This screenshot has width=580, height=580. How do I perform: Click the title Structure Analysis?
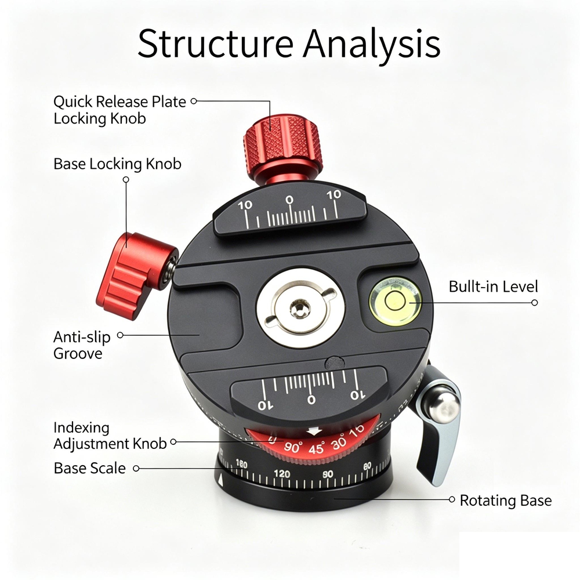pyautogui.click(x=289, y=43)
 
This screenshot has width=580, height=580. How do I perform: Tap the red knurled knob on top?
pyautogui.click(x=283, y=147)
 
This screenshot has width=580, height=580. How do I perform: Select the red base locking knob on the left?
pyautogui.click(x=135, y=274)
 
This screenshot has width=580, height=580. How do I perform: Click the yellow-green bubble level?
pyautogui.click(x=395, y=301)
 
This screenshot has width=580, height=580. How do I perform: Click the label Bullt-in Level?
pyautogui.click(x=493, y=287)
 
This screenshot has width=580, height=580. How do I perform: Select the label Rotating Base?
pyautogui.click(x=506, y=500)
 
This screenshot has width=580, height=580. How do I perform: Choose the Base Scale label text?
pyautogui.click(x=89, y=468)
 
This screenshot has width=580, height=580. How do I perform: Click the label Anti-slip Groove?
pyautogui.click(x=82, y=345)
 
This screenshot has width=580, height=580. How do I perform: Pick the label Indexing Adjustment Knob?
pyautogui.click(x=110, y=436)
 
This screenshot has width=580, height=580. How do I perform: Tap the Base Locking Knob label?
pyautogui.click(x=117, y=164)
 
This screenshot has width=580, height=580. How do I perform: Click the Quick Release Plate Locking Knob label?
pyautogui.click(x=119, y=110)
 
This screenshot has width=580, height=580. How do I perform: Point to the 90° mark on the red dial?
pyautogui.click(x=293, y=447)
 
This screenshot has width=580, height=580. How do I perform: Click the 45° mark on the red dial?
pyautogui.click(x=316, y=448)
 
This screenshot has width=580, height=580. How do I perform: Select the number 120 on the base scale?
pyautogui.click(x=282, y=474)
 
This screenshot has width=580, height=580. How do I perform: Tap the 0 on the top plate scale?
pyautogui.click(x=289, y=200)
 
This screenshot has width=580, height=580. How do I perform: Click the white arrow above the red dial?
pyautogui.click(x=314, y=431)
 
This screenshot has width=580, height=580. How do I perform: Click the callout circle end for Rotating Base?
pyautogui.click(x=452, y=499)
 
